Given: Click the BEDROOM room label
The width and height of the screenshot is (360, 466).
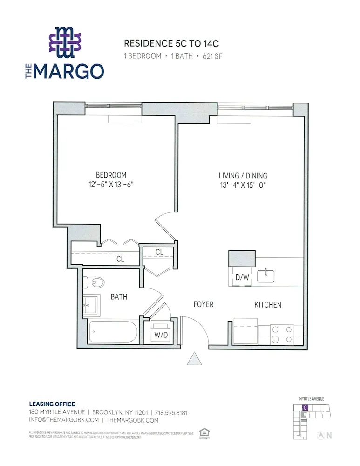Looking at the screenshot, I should [x=111, y=175].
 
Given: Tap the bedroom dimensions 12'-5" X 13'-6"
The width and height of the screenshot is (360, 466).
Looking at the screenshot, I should [x=111, y=185].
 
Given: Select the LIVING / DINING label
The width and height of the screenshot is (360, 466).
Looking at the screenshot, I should [x=243, y=176].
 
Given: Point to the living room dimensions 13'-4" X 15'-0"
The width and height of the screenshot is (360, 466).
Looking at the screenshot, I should [x=243, y=185].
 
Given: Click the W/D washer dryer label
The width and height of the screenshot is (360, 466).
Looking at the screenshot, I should [x=161, y=334].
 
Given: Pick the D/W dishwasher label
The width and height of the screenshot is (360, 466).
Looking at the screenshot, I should [x=242, y=277].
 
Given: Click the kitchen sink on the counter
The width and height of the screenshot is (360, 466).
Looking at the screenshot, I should [x=266, y=276].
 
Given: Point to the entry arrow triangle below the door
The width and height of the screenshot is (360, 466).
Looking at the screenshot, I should [x=194, y=360].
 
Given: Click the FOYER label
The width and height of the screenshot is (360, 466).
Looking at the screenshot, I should [x=204, y=304].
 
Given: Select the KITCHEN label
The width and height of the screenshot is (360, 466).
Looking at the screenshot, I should [x=267, y=305].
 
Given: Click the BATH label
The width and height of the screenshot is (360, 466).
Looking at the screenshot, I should [x=119, y=296].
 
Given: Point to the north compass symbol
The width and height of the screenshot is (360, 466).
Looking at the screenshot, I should [x=321, y=436].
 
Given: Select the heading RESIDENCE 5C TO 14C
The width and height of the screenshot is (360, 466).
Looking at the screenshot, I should [x=171, y=44].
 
